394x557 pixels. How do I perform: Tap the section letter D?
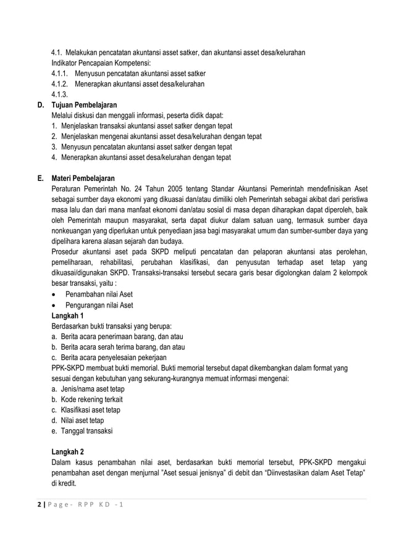click(39, 105)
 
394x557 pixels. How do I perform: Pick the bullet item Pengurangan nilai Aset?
click(99, 304)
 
